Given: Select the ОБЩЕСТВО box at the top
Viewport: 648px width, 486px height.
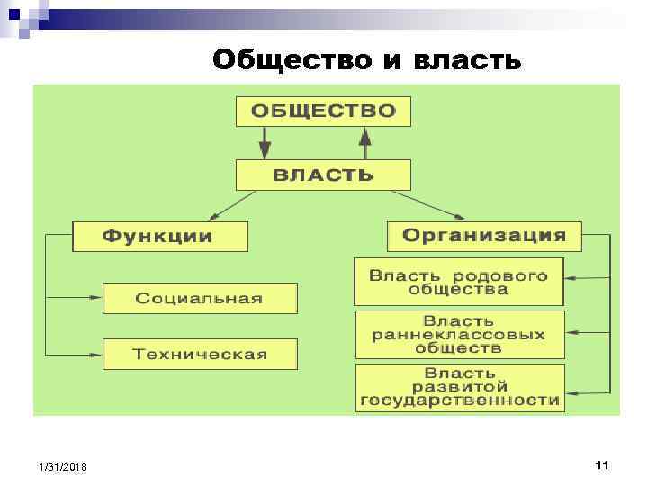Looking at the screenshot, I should tap(323, 112).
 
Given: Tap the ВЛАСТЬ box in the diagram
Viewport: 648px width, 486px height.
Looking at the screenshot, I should tap(323, 175).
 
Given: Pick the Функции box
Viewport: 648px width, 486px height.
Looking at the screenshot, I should tap(159, 237).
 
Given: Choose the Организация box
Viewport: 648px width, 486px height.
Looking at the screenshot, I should tap(484, 236).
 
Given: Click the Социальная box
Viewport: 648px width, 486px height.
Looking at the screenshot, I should tap(200, 298).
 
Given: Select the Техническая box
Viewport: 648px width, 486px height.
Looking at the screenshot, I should tap(200, 354).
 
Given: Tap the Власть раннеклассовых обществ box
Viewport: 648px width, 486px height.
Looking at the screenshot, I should tap(459, 334).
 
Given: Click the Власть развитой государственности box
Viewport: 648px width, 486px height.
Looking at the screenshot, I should tap(459, 387).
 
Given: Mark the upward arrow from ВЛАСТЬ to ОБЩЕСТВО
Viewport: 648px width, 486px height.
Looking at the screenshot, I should tap(365, 142).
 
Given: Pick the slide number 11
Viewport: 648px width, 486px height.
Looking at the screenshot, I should tap(602, 464).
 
